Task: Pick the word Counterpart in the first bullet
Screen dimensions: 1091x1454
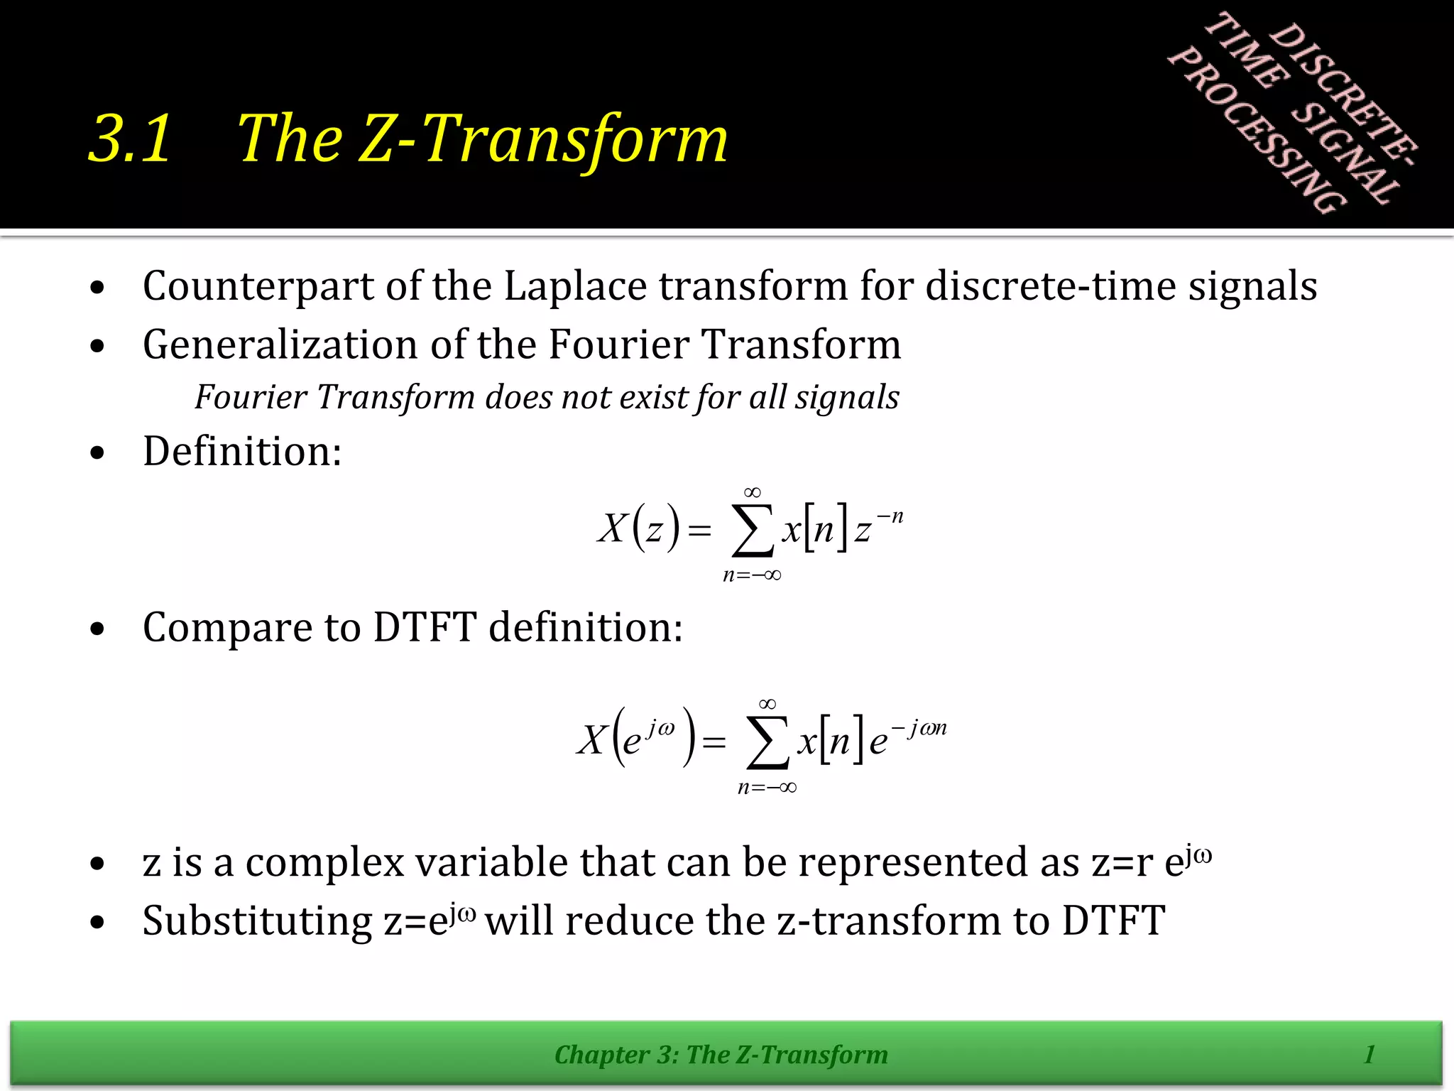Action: (x=258, y=286)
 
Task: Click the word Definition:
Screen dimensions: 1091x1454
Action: (x=242, y=451)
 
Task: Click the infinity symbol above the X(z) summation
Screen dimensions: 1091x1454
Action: (x=753, y=492)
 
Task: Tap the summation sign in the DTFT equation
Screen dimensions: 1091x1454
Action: (x=767, y=743)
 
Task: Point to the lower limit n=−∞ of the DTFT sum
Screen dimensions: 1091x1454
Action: (x=767, y=787)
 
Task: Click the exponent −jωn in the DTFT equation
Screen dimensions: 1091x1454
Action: (x=919, y=728)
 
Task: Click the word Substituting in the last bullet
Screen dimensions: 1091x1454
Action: (x=257, y=921)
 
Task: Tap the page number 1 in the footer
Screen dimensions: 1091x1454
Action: (x=1370, y=1054)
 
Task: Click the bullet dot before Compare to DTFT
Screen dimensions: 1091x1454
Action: (x=98, y=629)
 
